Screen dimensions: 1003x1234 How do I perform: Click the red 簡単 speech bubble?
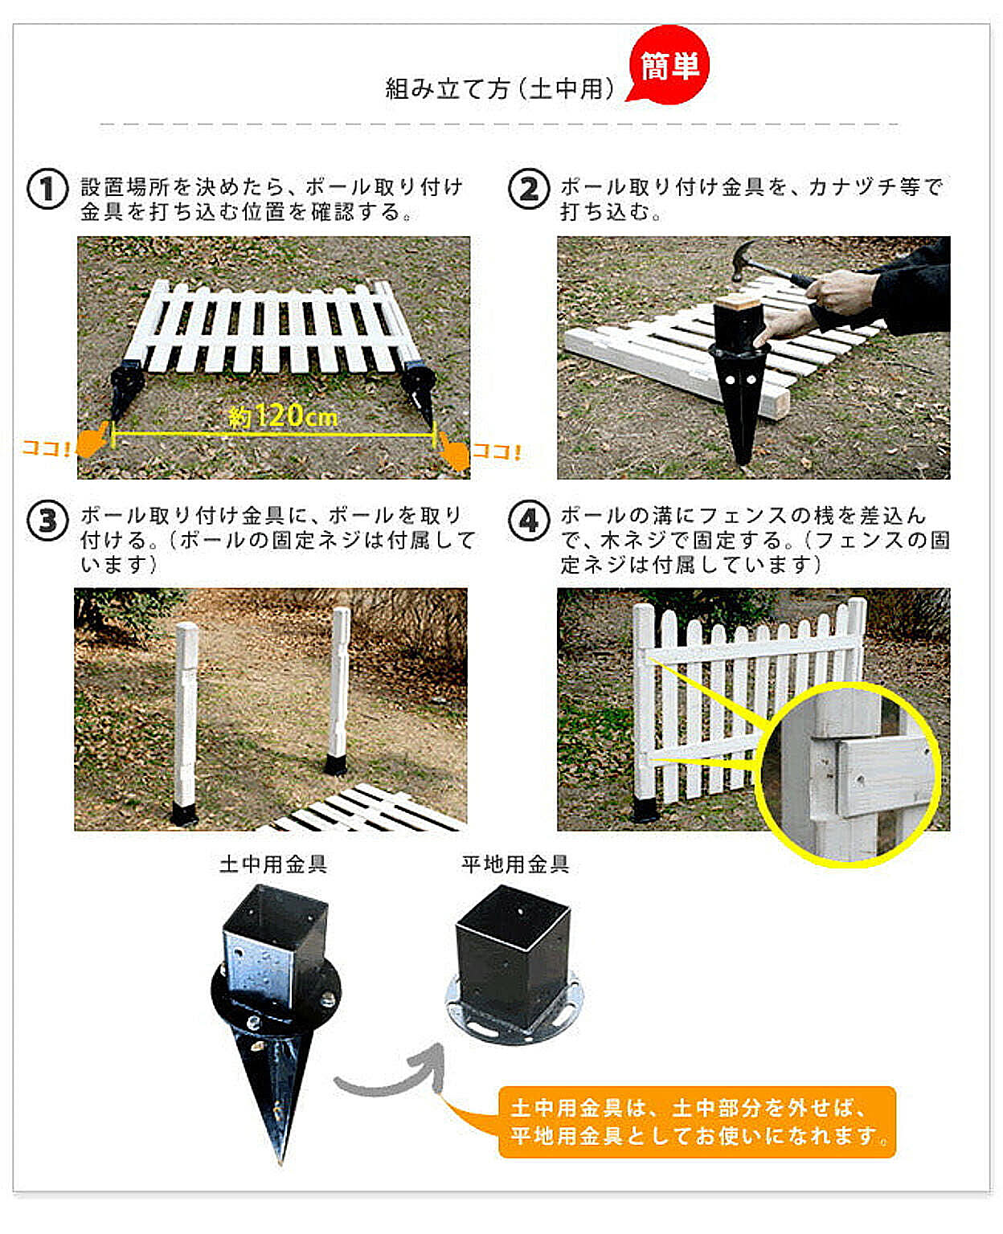click(x=669, y=65)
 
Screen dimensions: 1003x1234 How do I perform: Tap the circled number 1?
click(x=47, y=189)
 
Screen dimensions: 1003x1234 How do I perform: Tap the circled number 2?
click(x=529, y=189)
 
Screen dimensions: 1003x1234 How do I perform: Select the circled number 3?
click(x=47, y=521)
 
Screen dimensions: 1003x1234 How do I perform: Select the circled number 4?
click(x=529, y=521)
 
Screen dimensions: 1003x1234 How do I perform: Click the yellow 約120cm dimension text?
click(x=283, y=415)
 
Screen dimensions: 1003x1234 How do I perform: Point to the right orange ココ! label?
click(x=497, y=452)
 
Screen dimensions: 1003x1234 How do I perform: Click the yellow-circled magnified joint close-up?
click(x=849, y=774)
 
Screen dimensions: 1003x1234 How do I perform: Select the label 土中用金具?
click(x=273, y=864)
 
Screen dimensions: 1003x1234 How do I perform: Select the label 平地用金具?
click(x=515, y=864)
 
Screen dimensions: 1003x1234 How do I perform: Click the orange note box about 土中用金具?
click(x=697, y=1122)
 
